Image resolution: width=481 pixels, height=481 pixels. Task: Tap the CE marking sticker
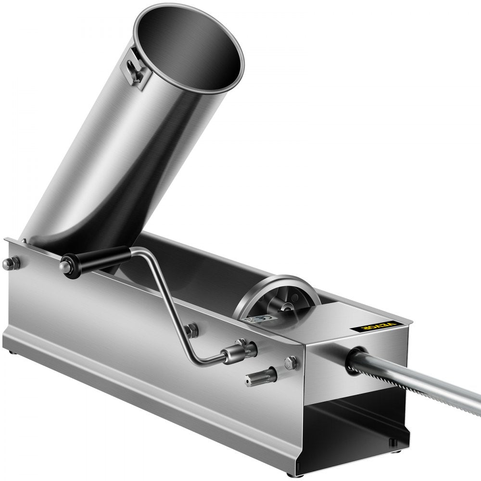(254, 319)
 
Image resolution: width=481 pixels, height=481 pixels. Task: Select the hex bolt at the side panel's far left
(12, 262)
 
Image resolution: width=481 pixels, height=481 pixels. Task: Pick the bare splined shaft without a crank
(265, 374)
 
